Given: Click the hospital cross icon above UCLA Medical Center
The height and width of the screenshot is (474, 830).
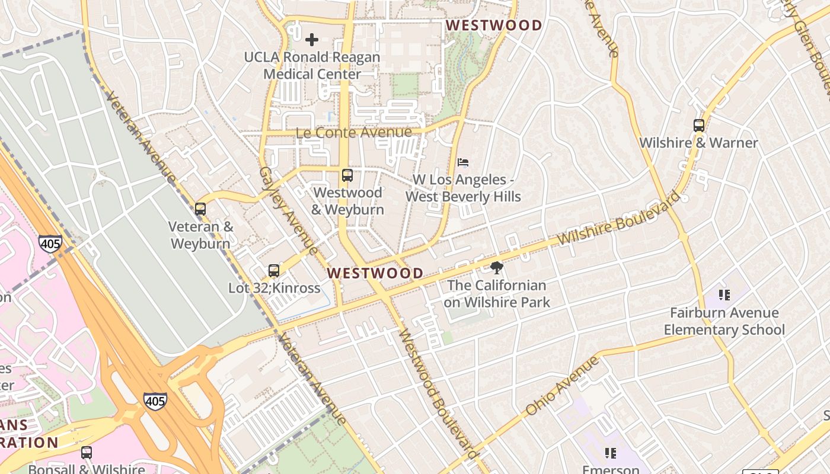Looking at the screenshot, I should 312,40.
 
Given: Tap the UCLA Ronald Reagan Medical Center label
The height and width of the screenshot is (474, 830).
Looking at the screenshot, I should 312,66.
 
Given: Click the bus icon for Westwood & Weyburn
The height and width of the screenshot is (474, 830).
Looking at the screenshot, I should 347,175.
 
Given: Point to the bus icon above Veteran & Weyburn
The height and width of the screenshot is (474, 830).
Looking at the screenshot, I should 200,209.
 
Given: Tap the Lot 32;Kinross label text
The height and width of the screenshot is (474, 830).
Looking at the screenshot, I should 274,289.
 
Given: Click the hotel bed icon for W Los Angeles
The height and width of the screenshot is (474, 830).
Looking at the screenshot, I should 463,162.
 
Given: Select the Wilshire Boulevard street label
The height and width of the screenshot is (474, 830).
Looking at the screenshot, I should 620,218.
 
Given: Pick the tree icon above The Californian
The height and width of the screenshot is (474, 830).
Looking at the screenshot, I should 497,268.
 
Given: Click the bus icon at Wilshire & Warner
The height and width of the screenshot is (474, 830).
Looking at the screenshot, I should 699,126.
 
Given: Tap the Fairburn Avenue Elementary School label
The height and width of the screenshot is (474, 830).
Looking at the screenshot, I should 724,321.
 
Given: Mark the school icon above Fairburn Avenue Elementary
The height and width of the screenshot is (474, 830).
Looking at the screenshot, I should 724,294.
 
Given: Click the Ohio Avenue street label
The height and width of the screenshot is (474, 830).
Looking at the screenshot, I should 563,386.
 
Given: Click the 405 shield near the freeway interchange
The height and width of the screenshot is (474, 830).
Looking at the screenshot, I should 155,401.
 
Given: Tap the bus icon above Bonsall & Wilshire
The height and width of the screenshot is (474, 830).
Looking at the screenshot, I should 87,453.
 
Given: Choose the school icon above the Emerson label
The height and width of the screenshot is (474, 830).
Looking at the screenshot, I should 610,453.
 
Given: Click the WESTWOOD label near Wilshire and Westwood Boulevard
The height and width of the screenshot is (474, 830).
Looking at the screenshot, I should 375,273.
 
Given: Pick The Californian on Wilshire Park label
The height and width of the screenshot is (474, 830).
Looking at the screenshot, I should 497,293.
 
